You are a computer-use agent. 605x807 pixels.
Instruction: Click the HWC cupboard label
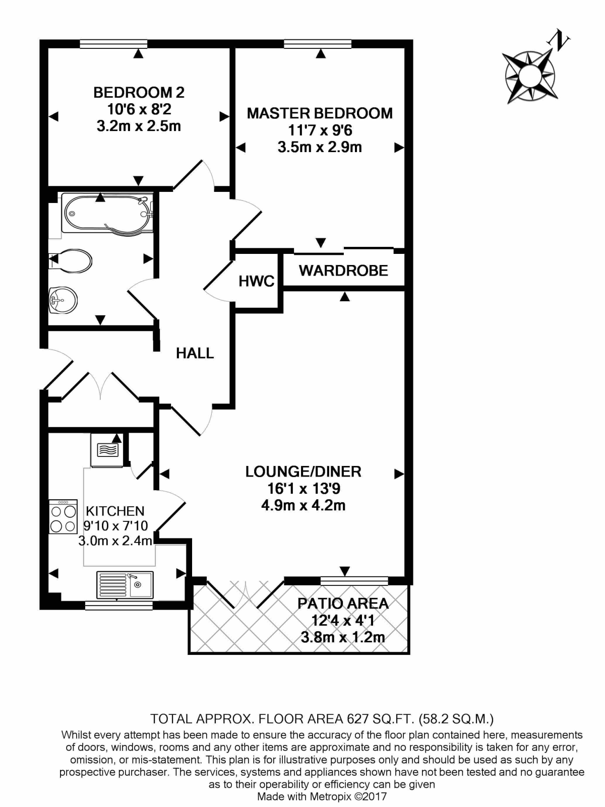[256, 281]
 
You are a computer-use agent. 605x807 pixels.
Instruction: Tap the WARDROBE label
[343, 271]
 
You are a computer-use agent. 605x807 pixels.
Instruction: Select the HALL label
[195, 353]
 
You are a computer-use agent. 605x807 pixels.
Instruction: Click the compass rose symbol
[530, 76]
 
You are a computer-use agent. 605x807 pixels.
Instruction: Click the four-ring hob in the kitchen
[63, 517]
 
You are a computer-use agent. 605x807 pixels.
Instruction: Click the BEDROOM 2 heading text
[139, 93]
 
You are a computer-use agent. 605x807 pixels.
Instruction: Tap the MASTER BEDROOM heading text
[320, 113]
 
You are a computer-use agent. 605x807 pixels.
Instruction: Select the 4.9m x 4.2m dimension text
[303, 505]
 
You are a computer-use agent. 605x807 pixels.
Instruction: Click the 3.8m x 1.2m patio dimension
[343, 637]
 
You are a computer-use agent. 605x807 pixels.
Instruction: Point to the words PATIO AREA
[343, 603]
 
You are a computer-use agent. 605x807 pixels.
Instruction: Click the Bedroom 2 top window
[113, 44]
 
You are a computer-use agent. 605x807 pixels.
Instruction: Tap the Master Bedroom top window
[318, 44]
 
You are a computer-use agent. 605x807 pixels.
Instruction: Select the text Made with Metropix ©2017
[322, 796]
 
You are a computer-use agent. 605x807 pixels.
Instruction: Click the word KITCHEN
[115, 511]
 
